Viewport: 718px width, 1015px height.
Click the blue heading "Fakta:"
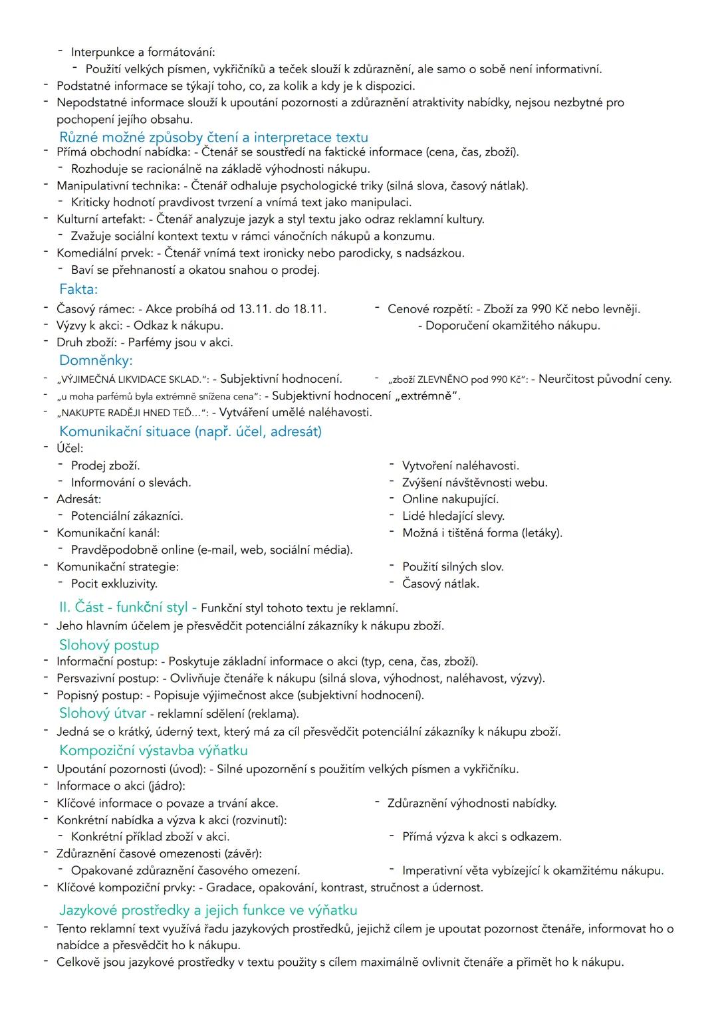click(x=78, y=289)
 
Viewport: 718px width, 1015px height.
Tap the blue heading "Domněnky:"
click(x=96, y=360)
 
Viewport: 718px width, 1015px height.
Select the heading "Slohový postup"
click(x=109, y=645)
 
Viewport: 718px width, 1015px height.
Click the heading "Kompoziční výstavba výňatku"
click(x=153, y=750)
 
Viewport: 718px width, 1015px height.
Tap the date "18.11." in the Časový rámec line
click(x=309, y=309)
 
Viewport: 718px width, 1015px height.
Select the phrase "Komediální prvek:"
click(x=105, y=253)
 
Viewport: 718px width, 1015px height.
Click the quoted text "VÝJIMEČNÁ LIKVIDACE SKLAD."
click(x=131, y=380)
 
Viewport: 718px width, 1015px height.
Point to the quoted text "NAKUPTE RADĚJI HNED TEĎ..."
click(x=130, y=413)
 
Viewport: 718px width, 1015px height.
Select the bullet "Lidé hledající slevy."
click(x=453, y=516)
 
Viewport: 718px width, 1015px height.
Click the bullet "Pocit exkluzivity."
click(x=114, y=584)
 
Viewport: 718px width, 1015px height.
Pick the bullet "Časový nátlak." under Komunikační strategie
click(x=441, y=584)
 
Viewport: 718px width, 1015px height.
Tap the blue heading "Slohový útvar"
click(x=102, y=713)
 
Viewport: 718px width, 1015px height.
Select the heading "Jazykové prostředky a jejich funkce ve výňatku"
click(x=208, y=910)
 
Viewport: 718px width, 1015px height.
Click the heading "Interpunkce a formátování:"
click(x=143, y=52)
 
